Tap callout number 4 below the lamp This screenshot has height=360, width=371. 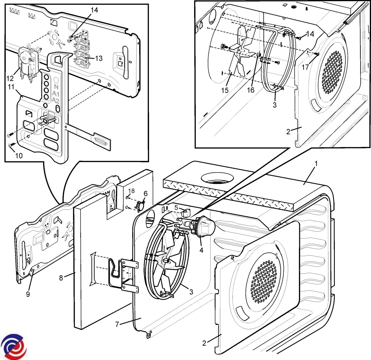point(201,250)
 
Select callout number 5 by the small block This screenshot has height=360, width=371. point(176,208)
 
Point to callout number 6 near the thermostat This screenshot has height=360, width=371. point(145,194)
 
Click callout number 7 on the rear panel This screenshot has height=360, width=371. point(117,324)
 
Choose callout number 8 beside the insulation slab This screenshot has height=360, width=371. point(61,277)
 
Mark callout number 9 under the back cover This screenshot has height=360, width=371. point(28,294)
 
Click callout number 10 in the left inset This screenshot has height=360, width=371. point(19,156)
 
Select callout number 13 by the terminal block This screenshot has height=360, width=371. point(99,58)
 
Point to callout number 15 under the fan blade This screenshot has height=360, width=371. point(225,90)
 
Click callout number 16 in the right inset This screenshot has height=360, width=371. point(250,90)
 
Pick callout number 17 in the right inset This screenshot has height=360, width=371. point(305,67)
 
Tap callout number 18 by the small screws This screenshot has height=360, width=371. point(131,191)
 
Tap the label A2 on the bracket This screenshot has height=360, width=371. point(56,100)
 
